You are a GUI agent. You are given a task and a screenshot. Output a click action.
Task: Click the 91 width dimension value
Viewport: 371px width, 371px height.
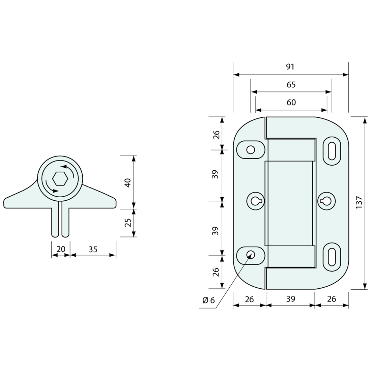point(290,67)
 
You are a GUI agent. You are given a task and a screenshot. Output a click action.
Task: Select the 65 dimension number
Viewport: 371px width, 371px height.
point(291,85)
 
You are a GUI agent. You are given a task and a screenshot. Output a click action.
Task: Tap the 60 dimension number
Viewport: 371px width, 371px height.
point(291,102)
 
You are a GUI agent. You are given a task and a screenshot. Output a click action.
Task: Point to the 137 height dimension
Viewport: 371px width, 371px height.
point(359,202)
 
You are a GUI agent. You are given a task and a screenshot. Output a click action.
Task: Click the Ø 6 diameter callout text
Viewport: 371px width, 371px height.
point(208,301)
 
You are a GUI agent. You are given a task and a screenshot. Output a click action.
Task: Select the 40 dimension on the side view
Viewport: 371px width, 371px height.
point(128,183)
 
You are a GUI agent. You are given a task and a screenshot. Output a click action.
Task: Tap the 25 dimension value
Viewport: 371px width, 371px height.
point(128,223)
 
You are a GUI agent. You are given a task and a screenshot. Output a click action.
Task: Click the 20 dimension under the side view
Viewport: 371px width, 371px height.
point(61,249)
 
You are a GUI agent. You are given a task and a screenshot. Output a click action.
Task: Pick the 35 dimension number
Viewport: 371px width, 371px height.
point(93,249)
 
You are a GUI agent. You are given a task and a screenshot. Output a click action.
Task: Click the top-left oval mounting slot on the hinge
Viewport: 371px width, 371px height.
point(251,149)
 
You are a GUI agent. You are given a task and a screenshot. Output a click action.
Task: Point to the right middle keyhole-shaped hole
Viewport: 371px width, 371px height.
point(326,201)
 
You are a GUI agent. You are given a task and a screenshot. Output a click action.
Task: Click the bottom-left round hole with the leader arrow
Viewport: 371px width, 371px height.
point(251,255)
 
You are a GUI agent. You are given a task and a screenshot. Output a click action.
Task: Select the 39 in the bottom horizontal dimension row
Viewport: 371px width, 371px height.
point(290,299)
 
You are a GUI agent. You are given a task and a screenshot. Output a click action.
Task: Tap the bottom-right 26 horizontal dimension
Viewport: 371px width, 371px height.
point(332,299)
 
